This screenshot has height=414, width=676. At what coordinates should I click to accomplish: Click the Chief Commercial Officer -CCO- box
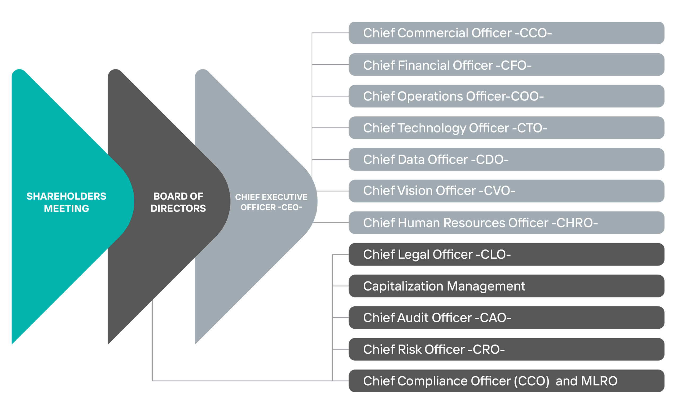click(x=506, y=33)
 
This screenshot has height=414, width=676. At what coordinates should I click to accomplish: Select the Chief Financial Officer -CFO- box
click(x=506, y=65)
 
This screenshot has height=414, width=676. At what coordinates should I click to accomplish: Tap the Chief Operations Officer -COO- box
click(x=506, y=96)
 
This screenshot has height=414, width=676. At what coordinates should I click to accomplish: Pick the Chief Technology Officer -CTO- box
click(x=506, y=128)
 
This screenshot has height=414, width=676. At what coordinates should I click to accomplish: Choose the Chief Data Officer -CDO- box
click(x=506, y=159)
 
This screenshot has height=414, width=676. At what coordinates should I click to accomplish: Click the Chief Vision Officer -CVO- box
click(x=506, y=191)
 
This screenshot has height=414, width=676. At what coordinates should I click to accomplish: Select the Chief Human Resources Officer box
click(x=506, y=223)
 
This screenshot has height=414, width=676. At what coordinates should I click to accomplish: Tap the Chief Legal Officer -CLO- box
click(x=506, y=254)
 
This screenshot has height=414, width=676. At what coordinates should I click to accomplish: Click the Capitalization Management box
click(x=506, y=286)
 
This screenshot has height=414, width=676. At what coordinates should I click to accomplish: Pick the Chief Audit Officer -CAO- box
click(x=506, y=318)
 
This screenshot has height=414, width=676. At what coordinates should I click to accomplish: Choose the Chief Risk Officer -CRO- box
click(x=506, y=349)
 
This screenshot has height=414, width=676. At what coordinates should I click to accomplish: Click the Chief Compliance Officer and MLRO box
click(x=506, y=381)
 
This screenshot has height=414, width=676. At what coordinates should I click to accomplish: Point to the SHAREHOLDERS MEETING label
click(x=66, y=202)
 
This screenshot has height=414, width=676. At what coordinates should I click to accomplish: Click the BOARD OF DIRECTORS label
click(x=178, y=202)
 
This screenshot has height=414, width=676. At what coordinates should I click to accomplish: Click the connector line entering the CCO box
click(x=330, y=33)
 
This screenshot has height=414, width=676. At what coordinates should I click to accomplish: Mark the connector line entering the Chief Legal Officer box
click(x=340, y=254)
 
